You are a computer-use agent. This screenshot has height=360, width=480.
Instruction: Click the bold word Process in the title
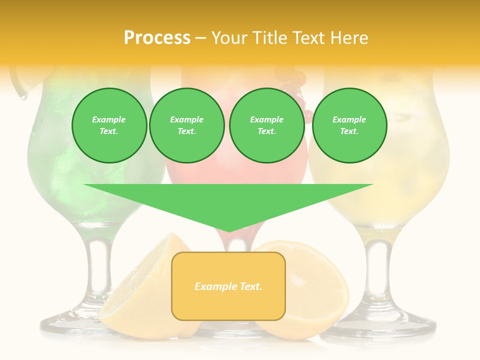point(157,38)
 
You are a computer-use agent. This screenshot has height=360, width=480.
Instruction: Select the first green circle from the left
point(109,125)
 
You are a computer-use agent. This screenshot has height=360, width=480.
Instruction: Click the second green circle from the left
point(187,125)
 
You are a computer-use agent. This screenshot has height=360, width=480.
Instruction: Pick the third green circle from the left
point(266,125)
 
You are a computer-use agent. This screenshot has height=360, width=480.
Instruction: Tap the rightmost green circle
point(349,125)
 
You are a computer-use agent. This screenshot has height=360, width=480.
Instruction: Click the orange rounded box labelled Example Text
point(228,286)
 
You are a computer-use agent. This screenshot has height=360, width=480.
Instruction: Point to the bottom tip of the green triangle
point(229,231)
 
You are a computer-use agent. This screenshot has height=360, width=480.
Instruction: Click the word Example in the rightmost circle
point(349,119)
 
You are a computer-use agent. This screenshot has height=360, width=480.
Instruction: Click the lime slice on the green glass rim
point(20,80)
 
